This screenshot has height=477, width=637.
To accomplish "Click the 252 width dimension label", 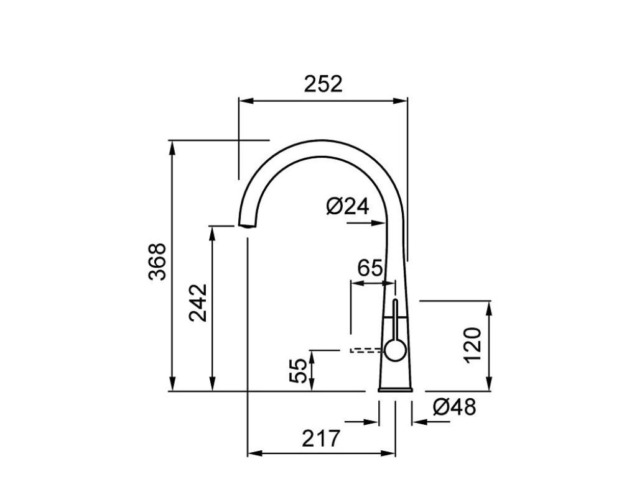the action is click(x=323, y=84).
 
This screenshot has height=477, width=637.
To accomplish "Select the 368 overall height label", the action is click(x=157, y=261).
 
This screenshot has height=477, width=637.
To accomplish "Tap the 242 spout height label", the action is click(x=198, y=302).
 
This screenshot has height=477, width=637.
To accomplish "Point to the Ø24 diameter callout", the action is click(x=348, y=206).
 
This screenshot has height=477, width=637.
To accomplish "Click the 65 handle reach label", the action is click(x=370, y=268).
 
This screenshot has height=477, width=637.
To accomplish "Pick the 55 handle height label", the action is click(x=299, y=370).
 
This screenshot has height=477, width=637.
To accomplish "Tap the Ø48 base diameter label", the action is click(x=453, y=406).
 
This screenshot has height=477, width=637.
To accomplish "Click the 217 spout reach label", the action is click(x=320, y=438).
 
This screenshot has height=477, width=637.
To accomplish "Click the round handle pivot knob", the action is click(x=395, y=350).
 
